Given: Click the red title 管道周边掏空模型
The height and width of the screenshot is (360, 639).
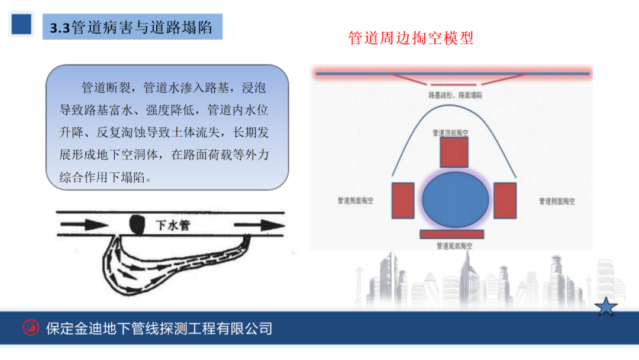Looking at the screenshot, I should pos(411,39).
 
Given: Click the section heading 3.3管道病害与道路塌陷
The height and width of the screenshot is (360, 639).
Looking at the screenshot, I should pos(131,28).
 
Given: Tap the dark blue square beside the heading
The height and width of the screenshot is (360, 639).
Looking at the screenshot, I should pos(21,24).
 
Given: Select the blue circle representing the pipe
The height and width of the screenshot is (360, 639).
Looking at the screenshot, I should pos(456,199).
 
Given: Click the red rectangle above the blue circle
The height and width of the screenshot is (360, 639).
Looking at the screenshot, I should pos(454,152).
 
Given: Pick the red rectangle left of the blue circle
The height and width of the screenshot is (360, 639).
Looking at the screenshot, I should pos(403,200).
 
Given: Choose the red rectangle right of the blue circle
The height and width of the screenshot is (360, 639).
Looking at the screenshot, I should pos(505,200).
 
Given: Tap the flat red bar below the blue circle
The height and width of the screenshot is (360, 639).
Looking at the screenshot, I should pos(452,234).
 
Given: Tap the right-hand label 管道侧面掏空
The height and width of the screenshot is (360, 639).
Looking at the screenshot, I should pos(557,201).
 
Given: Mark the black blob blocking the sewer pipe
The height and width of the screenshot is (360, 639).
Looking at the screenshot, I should pos(137,223).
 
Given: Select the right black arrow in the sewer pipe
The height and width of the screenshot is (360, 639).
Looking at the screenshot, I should pos(259,226).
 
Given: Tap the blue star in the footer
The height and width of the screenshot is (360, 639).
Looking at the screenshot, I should pos(606,307).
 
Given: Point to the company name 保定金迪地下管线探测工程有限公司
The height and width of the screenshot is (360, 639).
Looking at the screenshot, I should pos(159,328).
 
